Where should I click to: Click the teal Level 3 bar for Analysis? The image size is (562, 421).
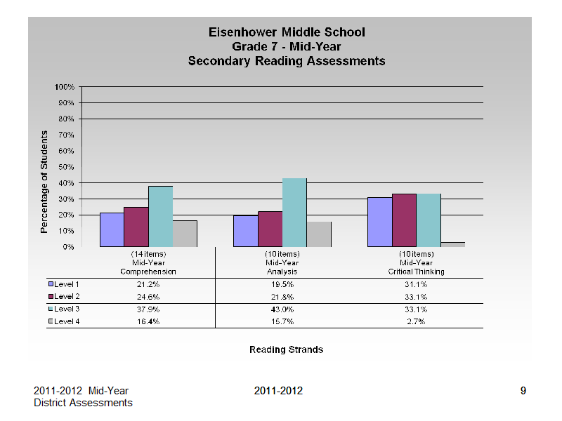[294, 213]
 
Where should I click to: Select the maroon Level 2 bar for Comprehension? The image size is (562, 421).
[136, 227]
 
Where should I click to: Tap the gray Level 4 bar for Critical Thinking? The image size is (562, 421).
[453, 244]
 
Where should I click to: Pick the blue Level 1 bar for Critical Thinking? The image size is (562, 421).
[380, 222]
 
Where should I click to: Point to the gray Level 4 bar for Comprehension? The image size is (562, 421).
[185, 234]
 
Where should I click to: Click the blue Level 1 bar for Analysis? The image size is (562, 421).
[246, 231]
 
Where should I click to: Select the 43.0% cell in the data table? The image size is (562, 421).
[282, 309]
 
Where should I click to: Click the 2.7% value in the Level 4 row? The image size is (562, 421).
[416, 321]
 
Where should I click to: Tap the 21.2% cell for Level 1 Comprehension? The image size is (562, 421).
[148, 285]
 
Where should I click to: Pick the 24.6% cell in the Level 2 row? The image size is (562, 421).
[148, 297]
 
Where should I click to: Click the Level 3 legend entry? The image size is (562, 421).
[64, 309]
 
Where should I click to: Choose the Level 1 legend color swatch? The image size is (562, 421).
[51, 284]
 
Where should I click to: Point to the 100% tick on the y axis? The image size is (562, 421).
[65, 87]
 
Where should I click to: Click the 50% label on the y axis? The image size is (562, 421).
[66, 167]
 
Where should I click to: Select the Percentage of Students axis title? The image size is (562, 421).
[44, 182]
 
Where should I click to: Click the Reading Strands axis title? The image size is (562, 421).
[287, 349]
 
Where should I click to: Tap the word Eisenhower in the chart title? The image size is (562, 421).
[243, 32]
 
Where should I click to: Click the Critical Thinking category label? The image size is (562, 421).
[416, 272]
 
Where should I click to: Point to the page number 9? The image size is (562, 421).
[523, 391]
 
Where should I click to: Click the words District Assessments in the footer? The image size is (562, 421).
[83, 403]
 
